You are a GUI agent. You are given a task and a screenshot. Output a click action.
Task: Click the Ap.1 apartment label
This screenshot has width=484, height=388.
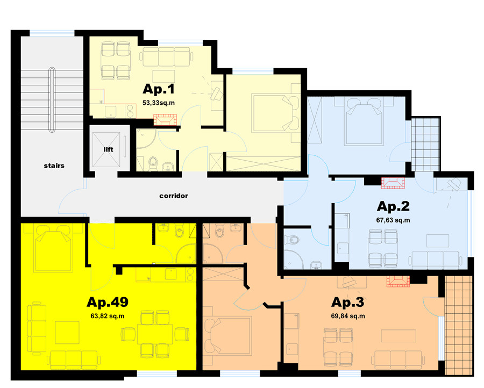[x=158, y=89]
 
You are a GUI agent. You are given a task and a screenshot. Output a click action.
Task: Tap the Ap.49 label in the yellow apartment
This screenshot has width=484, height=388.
[x=108, y=302]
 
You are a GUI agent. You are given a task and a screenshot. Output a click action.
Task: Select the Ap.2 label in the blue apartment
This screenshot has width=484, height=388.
[x=393, y=206]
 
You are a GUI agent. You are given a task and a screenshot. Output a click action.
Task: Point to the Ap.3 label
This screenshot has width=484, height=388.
[x=347, y=302]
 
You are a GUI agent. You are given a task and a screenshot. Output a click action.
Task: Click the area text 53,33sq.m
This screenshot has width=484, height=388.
[x=158, y=103]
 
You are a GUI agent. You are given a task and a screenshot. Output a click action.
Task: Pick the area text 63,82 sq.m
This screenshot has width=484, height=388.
[x=108, y=316]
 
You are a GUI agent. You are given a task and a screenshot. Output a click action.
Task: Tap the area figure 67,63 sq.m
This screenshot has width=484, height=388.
[x=393, y=220]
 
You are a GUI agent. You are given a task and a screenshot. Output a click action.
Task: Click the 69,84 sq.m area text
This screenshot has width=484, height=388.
[x=348, y=316]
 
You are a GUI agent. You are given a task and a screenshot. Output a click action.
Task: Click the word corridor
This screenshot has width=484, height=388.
[x=174, y=196]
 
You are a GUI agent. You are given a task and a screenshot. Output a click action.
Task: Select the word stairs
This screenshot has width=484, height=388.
[x=54, y=166]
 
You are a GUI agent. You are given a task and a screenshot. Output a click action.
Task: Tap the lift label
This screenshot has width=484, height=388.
[x=108, y=149]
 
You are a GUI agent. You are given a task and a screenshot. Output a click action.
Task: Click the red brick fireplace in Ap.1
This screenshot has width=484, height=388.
[x=166, y=120]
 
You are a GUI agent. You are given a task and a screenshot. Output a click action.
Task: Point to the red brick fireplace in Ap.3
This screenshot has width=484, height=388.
[x=398, y=281]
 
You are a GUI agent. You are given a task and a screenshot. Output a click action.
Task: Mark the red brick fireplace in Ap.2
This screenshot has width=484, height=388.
[x=393, y=183]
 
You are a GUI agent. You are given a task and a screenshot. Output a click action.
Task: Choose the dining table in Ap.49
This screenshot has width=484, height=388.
[x=155, y=334]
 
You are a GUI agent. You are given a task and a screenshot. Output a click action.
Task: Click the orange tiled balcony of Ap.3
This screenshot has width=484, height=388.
[x=459, y=325]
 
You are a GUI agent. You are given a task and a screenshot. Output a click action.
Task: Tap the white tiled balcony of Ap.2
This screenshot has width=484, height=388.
[x=426, y=144]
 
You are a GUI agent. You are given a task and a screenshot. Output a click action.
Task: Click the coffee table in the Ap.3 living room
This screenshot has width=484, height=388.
[x=398, y=336]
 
